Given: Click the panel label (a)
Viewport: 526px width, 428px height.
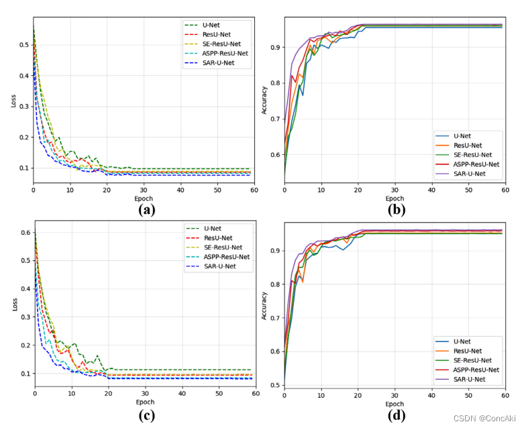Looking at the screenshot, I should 146,210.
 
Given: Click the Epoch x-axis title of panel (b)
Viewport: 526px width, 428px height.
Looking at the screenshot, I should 394,199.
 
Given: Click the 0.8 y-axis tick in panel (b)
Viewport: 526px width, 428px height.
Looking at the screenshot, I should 274,83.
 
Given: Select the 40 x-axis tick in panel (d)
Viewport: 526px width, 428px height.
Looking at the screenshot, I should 431,394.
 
